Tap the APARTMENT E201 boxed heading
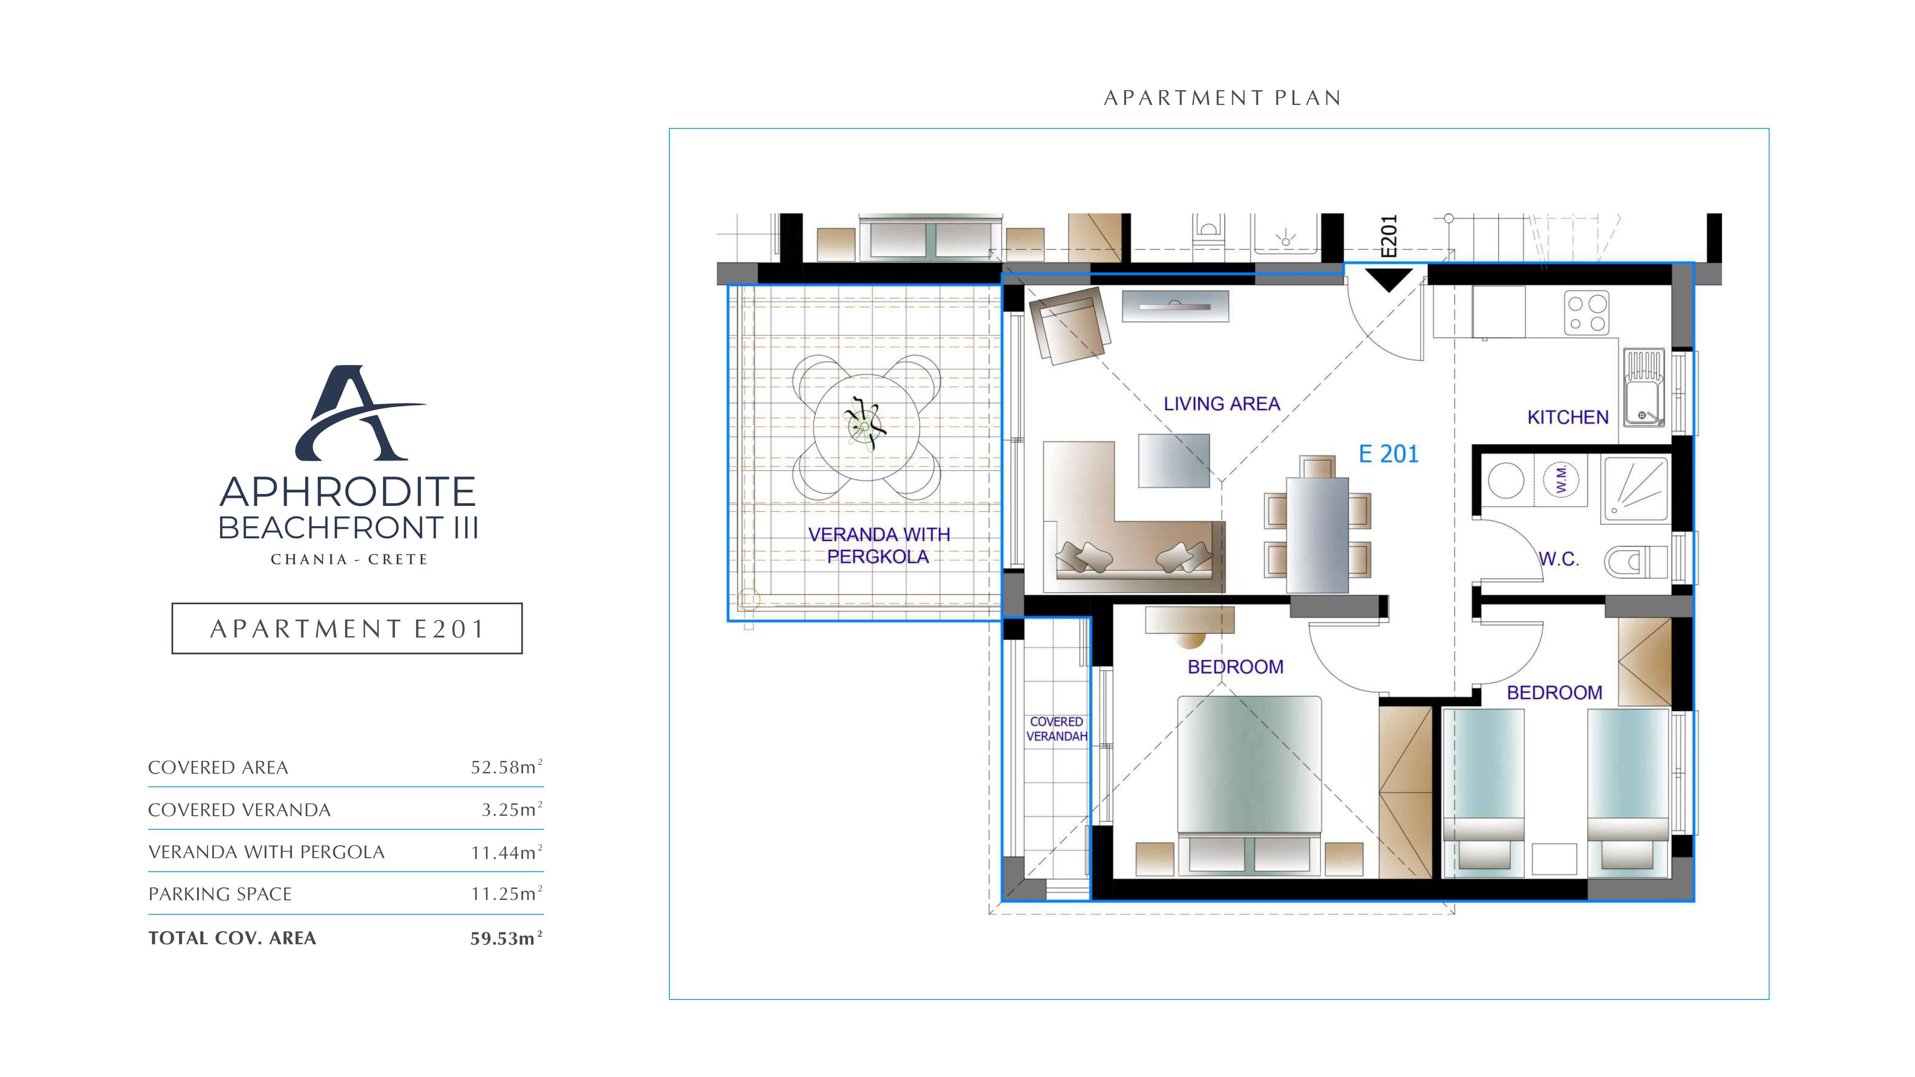[347, 629]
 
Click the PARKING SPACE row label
[220, 894]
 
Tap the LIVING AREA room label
[1221, 404]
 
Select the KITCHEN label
[1568, 418]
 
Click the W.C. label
[1558, 559]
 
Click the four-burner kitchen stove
[1587, 313]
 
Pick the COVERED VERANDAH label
[1057, 729]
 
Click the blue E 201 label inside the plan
[1388, 454]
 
